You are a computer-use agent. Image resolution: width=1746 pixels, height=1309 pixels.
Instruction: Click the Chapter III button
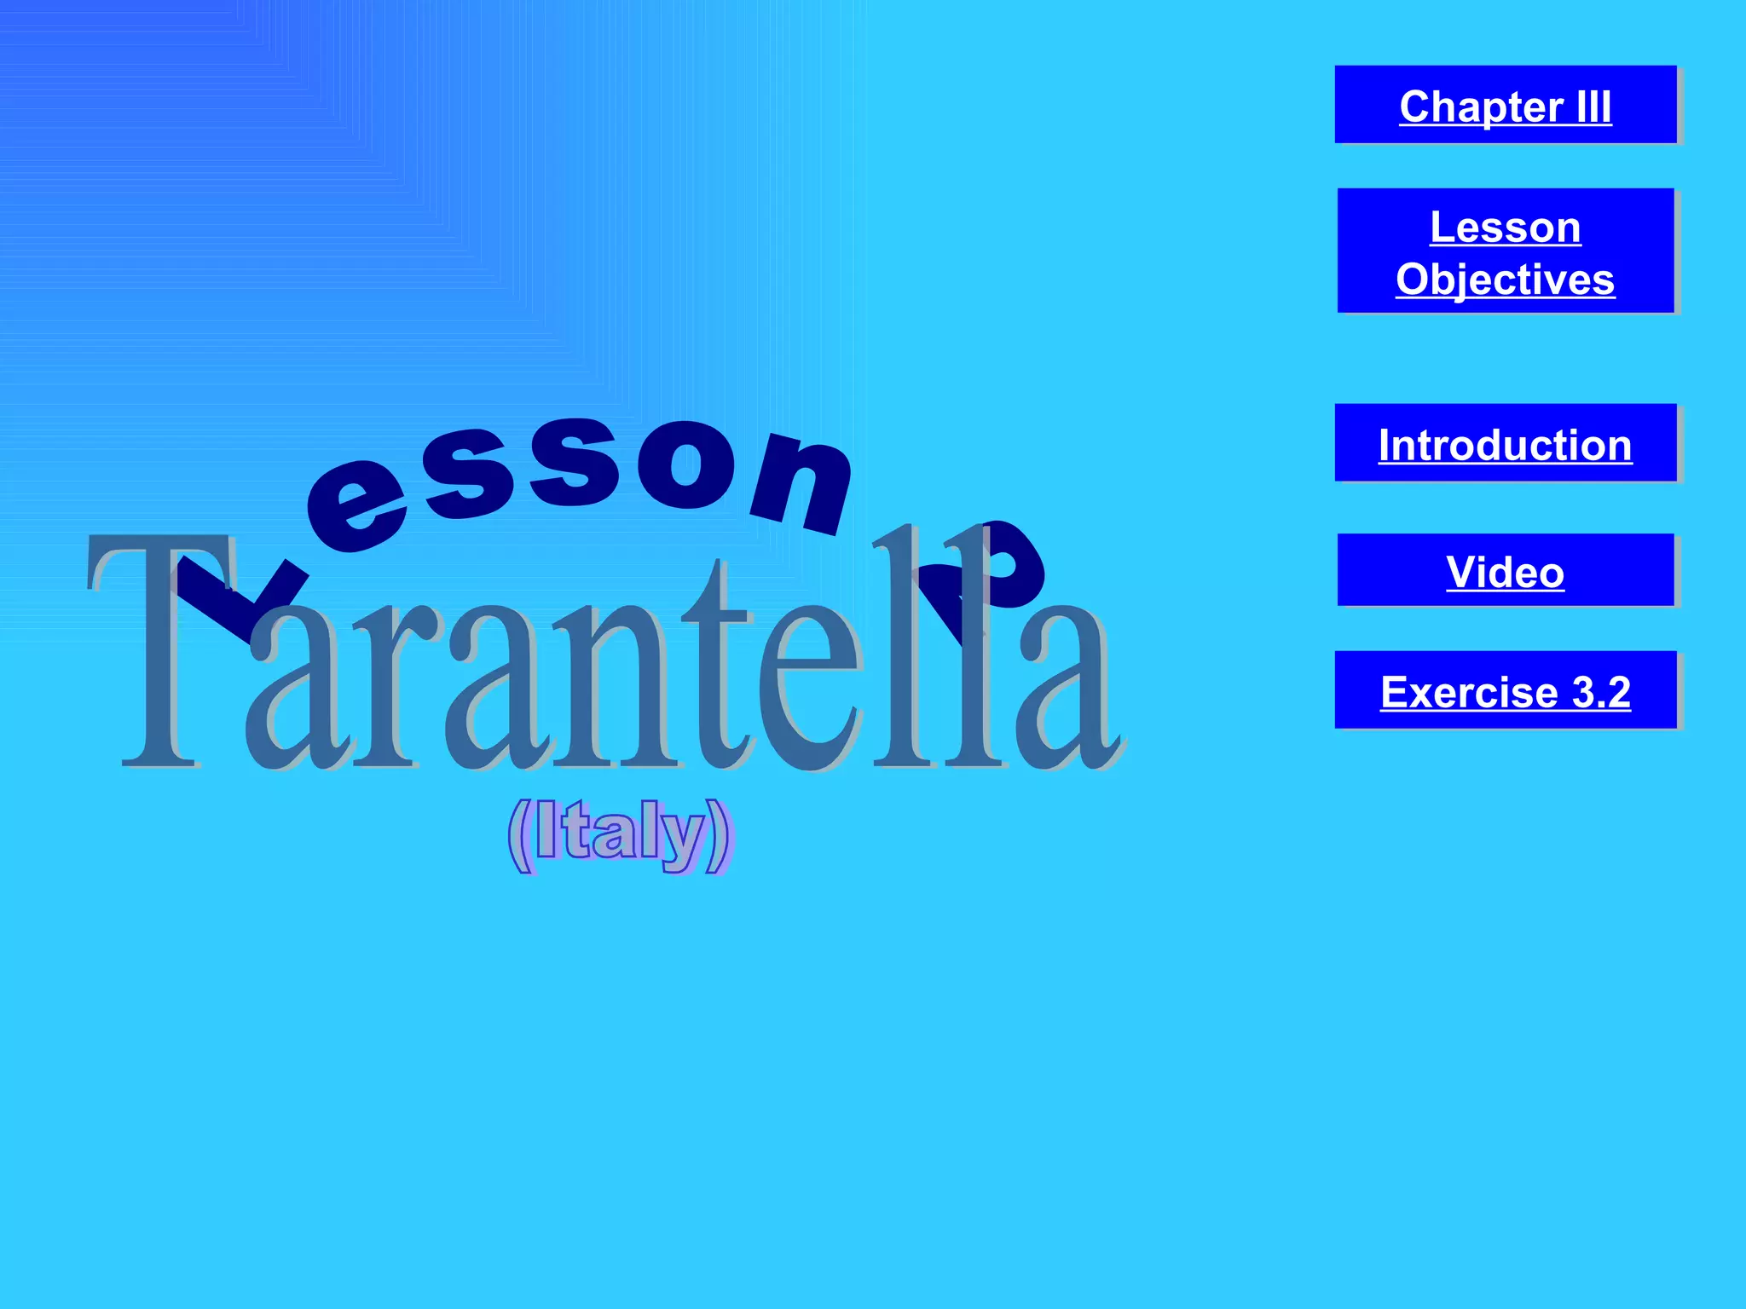click(1505, 105)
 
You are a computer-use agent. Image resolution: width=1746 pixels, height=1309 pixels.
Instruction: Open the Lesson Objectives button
click(1505, 251)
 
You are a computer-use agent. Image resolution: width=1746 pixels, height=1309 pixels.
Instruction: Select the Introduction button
click(1505, 443)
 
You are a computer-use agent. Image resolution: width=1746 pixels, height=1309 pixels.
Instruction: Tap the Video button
click(1505, 570)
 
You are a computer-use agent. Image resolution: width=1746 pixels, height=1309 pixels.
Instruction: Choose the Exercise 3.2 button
click(1505, 690)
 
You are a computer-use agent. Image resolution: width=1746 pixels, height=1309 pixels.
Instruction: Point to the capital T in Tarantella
click(158, 648)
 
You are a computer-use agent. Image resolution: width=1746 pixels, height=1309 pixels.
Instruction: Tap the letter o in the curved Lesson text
click(686, 464)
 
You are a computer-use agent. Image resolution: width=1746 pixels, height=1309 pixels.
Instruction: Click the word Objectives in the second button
click(1505, 280)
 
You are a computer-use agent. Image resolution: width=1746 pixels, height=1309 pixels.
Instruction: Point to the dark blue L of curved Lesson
click(239, 597)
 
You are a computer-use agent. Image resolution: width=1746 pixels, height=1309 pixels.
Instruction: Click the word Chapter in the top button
click(1481, 107)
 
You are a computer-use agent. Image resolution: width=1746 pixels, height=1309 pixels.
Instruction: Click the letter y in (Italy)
click(682, 839)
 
